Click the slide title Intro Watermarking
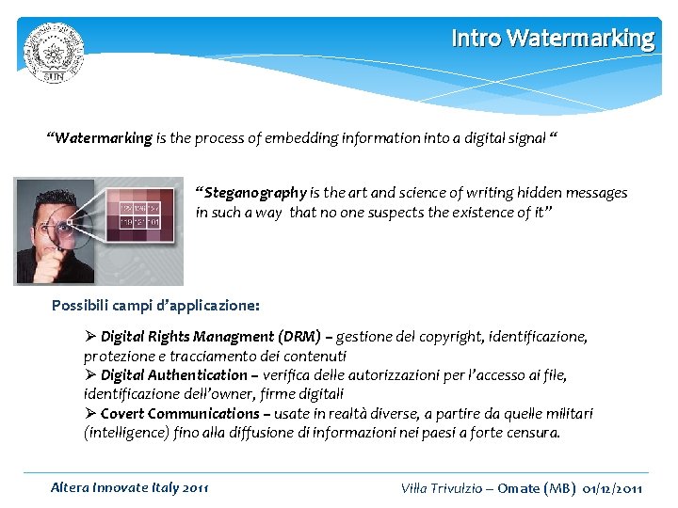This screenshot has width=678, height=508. point(552,39)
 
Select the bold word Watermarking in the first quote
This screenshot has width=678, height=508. point(103,138)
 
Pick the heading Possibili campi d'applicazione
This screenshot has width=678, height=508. point(155,306)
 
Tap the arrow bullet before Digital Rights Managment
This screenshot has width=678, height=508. point(90,337)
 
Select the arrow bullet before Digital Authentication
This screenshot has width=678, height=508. point(90,375)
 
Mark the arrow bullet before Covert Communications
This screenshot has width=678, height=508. point(90,414)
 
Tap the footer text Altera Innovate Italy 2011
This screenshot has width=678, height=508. point(130,487)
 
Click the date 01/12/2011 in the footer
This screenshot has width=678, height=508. point(612,488)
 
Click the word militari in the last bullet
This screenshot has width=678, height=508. point(568,414)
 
